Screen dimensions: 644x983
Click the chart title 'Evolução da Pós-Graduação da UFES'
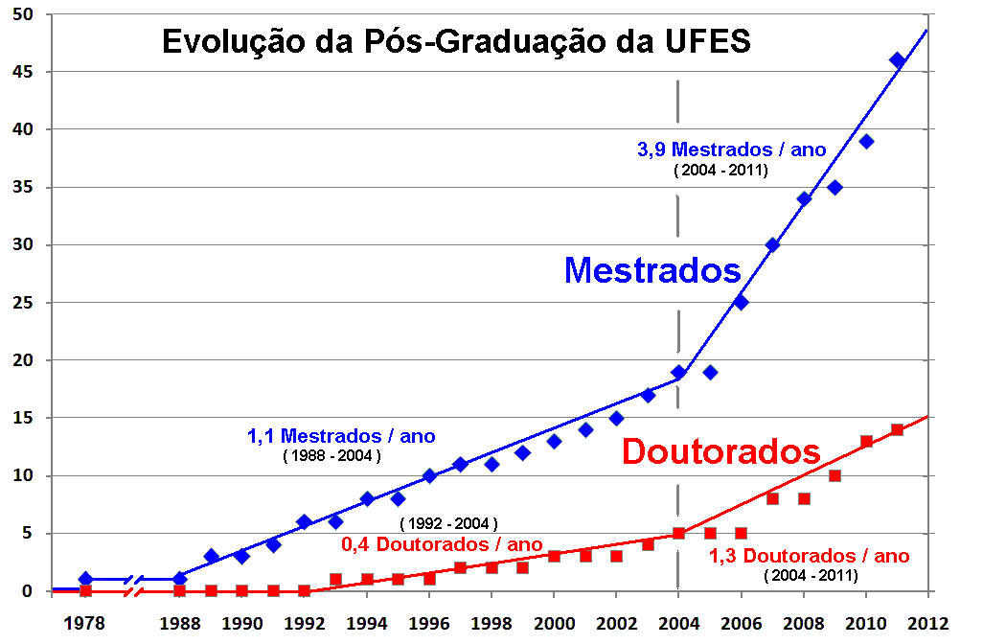click(456, 43)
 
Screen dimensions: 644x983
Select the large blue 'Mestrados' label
click(652, 269)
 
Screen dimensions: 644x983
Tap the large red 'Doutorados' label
click(721, 451)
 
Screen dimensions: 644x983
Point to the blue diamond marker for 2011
click(897, 59)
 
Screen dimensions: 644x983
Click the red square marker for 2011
click(897, 429)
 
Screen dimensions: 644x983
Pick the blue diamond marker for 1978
click(85, 579)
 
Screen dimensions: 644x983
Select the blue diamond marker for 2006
click(741, 302)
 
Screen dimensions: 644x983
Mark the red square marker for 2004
click(678, 533)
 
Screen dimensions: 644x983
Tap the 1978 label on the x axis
click(85, 622)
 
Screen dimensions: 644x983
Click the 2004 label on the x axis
click(678, 622)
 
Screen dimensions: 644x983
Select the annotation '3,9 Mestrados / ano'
click(731, 149)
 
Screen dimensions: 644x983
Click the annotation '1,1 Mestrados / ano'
click(341, 436)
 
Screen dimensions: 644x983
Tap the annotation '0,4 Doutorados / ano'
click(442, 544)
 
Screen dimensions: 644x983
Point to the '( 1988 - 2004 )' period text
click(331, 456)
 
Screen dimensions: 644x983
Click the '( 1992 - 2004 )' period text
click(448, 523)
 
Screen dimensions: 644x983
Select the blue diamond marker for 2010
click(866, 141)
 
